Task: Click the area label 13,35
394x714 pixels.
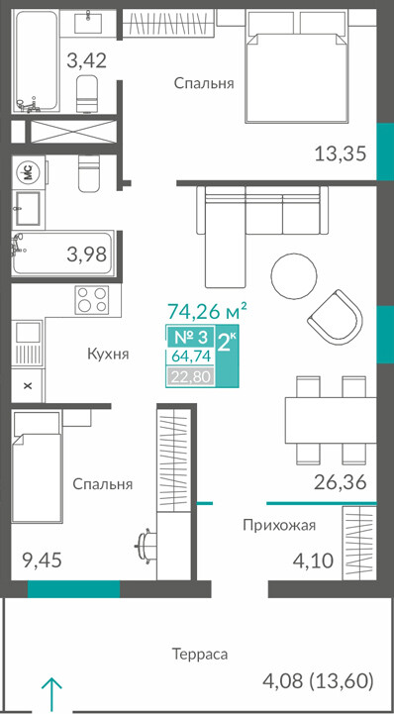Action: [x=341, y=153]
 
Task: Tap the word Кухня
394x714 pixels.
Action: [x=108, y=354]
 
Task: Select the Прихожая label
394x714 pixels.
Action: [x=279, y=526]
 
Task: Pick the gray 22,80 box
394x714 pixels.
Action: [x=190, y=377]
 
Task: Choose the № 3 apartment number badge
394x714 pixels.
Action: [x=191, y=338]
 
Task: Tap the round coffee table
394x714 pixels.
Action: [x=293, y=275]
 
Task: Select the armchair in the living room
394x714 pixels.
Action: [x=335, y=316]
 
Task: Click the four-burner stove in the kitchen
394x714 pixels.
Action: [x=92, y=299]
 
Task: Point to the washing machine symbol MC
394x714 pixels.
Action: [x=28, y=172]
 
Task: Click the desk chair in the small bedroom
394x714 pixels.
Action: [x=146, y=545]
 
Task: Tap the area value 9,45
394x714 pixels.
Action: [x=43, y=560]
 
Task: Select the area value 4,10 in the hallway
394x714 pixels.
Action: [x=314, y=560]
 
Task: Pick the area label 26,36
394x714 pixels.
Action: [x=341, y=482]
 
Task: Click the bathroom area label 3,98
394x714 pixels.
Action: [x=87, y=255]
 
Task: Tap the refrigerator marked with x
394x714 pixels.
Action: [x=28, y=385]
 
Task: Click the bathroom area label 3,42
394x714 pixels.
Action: [x=87, y=60]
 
